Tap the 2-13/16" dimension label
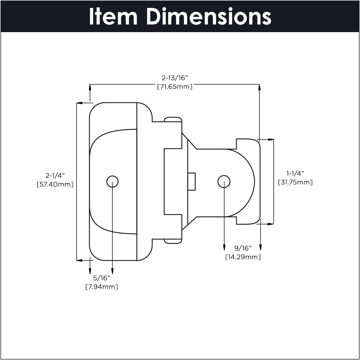[175, 78]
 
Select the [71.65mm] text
[175, 87]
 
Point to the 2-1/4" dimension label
[55, 175]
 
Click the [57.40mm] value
[55, 184]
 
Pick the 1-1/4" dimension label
[295, 173]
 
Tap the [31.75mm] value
[295, 182]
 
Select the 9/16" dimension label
[243, 248]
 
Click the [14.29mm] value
[243, 257]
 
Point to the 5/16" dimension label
[102, 278]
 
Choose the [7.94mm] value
[102, 287]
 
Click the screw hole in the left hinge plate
[112, 181]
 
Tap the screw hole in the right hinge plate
[224, 181]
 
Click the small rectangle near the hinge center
[192, 181]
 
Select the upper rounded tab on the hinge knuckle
[173, 119]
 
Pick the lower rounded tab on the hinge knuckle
[173, 241]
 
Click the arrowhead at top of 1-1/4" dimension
[271, 140]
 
